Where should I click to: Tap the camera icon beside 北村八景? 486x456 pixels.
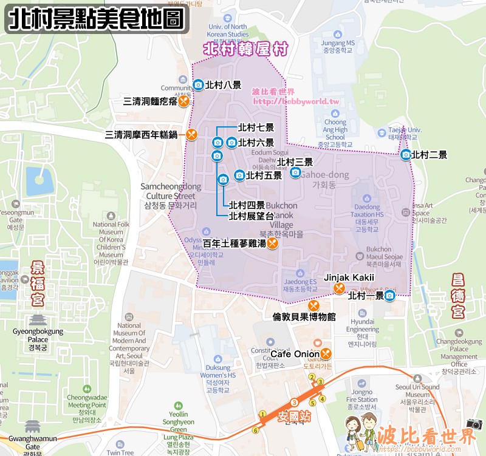click(197, 86)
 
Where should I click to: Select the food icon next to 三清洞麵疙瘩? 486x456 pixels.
click(183, 101)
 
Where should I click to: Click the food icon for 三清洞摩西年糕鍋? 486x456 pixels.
click(191, 134)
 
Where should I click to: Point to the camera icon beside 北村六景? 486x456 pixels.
click(231, 143)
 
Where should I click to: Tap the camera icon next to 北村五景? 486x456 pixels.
click(239, 175)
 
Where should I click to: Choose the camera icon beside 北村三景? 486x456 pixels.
click(295, 172)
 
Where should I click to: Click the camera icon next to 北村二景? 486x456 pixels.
click(406, 155)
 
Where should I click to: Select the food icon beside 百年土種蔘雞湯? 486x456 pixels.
click(272, 243)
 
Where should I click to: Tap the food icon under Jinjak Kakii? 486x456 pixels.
click(340, 288)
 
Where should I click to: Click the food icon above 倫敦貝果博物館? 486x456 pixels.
click(313, 305)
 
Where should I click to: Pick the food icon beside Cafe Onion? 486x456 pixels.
click(326, 353)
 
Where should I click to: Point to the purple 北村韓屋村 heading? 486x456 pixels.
click(245, 49)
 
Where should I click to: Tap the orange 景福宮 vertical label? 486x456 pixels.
click(38, 284)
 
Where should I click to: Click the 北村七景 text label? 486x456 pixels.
click(256, 128)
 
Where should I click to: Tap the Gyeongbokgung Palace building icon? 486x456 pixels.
click(38, 320)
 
